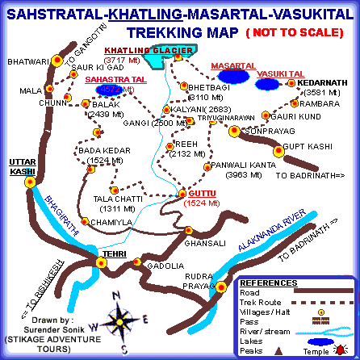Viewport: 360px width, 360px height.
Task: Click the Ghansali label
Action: (x=200, y=242)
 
